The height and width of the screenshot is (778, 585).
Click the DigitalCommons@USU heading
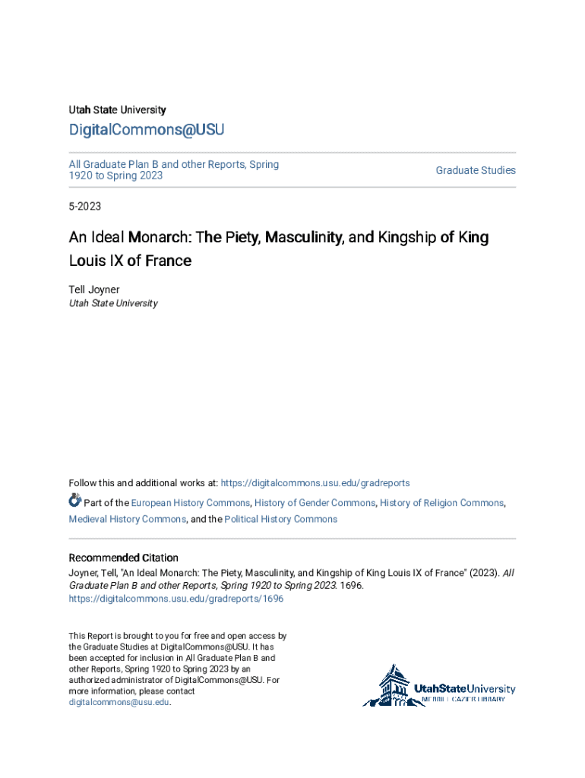[x=147, y=130]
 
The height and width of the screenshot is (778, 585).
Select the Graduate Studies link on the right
[x=476, y=170]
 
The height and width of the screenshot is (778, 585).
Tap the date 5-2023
[x=85, y=206]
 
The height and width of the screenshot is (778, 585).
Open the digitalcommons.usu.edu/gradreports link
[x=315, y=483]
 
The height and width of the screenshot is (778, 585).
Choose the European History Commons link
[x=190, y=503]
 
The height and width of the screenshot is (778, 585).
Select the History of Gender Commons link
[x=315, y=503]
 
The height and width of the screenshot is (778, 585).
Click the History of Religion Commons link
[x=442, y=503]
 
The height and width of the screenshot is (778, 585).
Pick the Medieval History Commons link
[x=127, y=520]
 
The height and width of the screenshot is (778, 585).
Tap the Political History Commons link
[x=280, y=520]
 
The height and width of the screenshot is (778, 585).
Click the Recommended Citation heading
[x=124, y=558]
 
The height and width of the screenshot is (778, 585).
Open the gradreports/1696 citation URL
[x=176, y=599]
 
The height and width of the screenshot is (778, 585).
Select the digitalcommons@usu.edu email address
[x=119, y=703]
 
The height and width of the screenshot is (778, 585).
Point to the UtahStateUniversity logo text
[x=464, y=688]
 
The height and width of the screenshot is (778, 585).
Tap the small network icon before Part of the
[x=75, y=501]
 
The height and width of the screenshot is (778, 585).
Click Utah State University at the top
[x=117, y=110]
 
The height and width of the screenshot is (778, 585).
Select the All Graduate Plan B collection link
[x=173, y=169]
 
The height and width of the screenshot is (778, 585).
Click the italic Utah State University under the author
[x=113, y=303]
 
